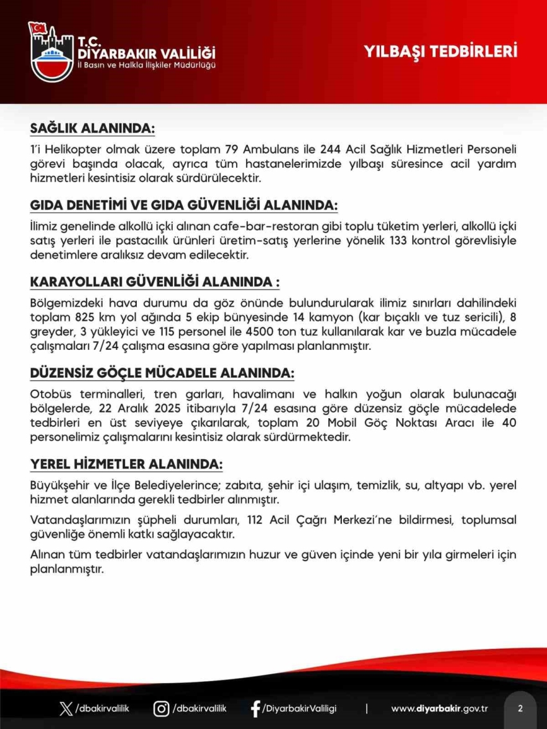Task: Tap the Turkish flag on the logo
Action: (39, 28)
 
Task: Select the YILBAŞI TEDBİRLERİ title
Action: (441, 51)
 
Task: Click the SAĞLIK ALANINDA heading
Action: (92, 129)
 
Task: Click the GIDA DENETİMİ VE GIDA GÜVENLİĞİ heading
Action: (184, 206)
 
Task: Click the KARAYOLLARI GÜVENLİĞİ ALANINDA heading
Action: (154, 283)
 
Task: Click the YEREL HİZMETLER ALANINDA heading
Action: (126, 464)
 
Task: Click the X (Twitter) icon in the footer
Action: (65, 708)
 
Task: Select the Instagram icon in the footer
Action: (161, 708)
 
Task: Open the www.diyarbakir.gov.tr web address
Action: (439, 708)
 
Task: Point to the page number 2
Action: (520, 708)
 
